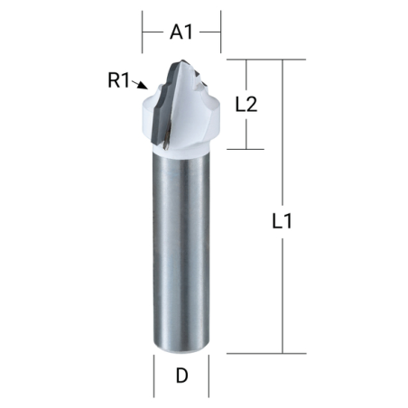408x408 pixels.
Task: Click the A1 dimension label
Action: click(181, 32)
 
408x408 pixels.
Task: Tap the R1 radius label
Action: click(119, 80)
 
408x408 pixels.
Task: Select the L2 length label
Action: click(246, 104)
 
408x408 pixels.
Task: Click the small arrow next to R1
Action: click(140, 88)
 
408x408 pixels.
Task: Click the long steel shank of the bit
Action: click(181, 253)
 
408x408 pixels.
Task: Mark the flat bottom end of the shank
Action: click(181, 350)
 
